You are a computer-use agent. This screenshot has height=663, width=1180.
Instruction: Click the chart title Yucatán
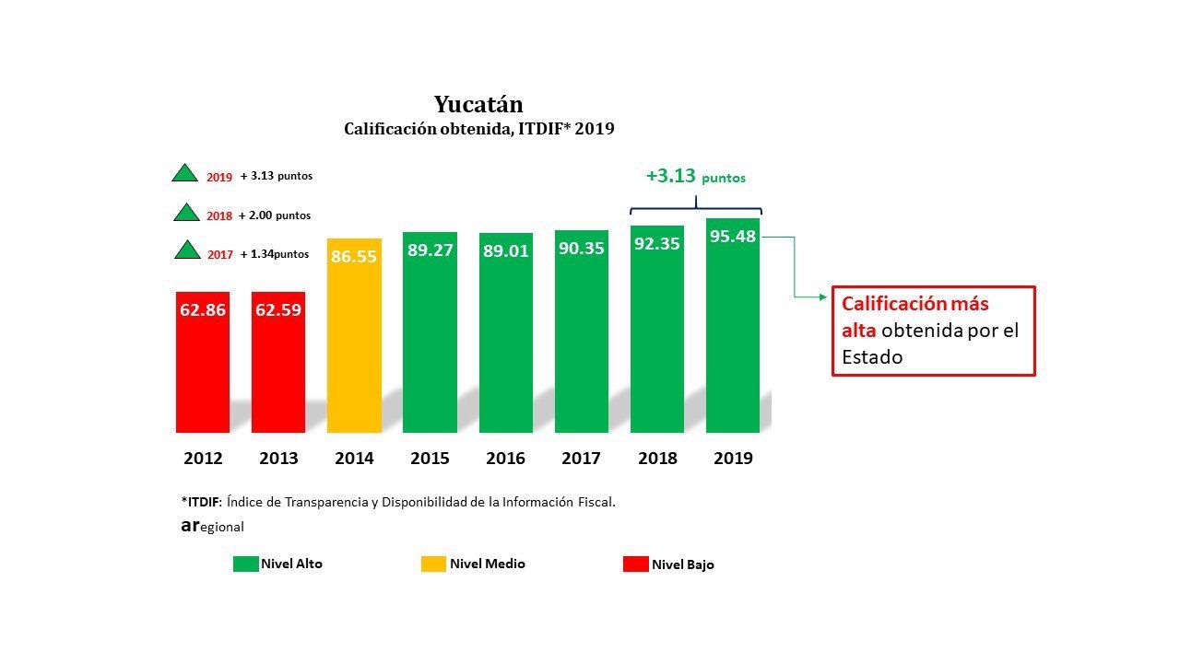pos(478,103)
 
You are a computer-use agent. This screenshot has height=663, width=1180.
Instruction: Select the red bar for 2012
pos(202,368)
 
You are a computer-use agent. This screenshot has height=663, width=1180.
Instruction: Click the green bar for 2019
pos(733,341)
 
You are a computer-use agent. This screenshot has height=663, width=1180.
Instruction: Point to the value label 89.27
pos(430,250)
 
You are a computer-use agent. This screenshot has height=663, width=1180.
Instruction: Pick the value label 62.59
pos(278,310)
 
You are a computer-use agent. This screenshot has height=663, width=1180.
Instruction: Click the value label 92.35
pos(657,246)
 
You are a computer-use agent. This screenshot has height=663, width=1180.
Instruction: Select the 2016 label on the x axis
pos(505,458)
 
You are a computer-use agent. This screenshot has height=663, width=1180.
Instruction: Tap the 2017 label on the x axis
pos(582,458)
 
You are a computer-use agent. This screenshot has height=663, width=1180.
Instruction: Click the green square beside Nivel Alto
pos(245,564)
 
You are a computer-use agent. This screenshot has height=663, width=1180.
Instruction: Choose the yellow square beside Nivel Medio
pos(433,564)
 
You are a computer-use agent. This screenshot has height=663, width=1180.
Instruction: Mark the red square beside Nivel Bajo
pos(635,564)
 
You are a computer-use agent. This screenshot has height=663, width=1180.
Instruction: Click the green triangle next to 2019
pos(185,173)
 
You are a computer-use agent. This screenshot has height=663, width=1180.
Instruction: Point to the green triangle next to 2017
pos(187,250)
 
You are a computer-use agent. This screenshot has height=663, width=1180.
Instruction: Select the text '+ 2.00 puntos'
pos(274,215)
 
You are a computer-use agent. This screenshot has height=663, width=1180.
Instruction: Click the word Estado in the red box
pos(872,356)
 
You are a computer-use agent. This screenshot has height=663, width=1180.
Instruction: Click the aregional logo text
pos(212,527)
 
